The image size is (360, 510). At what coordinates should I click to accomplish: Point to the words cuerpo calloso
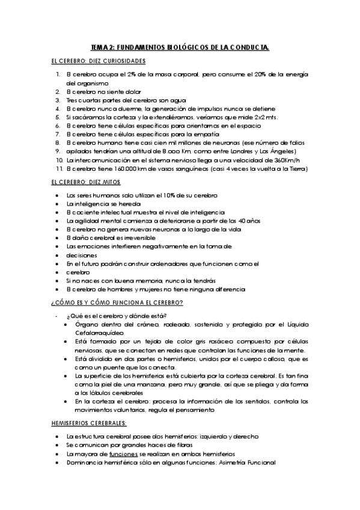(x=233, y=358)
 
